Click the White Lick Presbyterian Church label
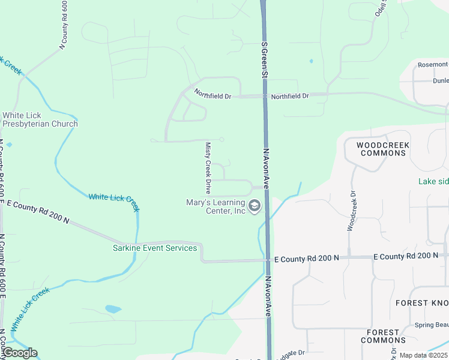tap(40, 120)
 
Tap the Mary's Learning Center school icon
tap(254, 207)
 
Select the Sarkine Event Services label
tap(155, 248)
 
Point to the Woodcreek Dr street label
tap(351, 211)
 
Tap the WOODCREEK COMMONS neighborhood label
tap(382, 149)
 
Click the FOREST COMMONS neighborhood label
tap(382, 336)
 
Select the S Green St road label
tap(263, 59)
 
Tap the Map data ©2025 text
tap(424, 355)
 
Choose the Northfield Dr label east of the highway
tap(289, 96)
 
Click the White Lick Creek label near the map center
tap(114, 202)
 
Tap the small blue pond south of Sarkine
tap(113, 310)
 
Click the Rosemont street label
tap(433, 65)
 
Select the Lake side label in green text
tap(433, 181)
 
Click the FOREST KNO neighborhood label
tap(421, 304)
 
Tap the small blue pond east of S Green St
tap(310, 61)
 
